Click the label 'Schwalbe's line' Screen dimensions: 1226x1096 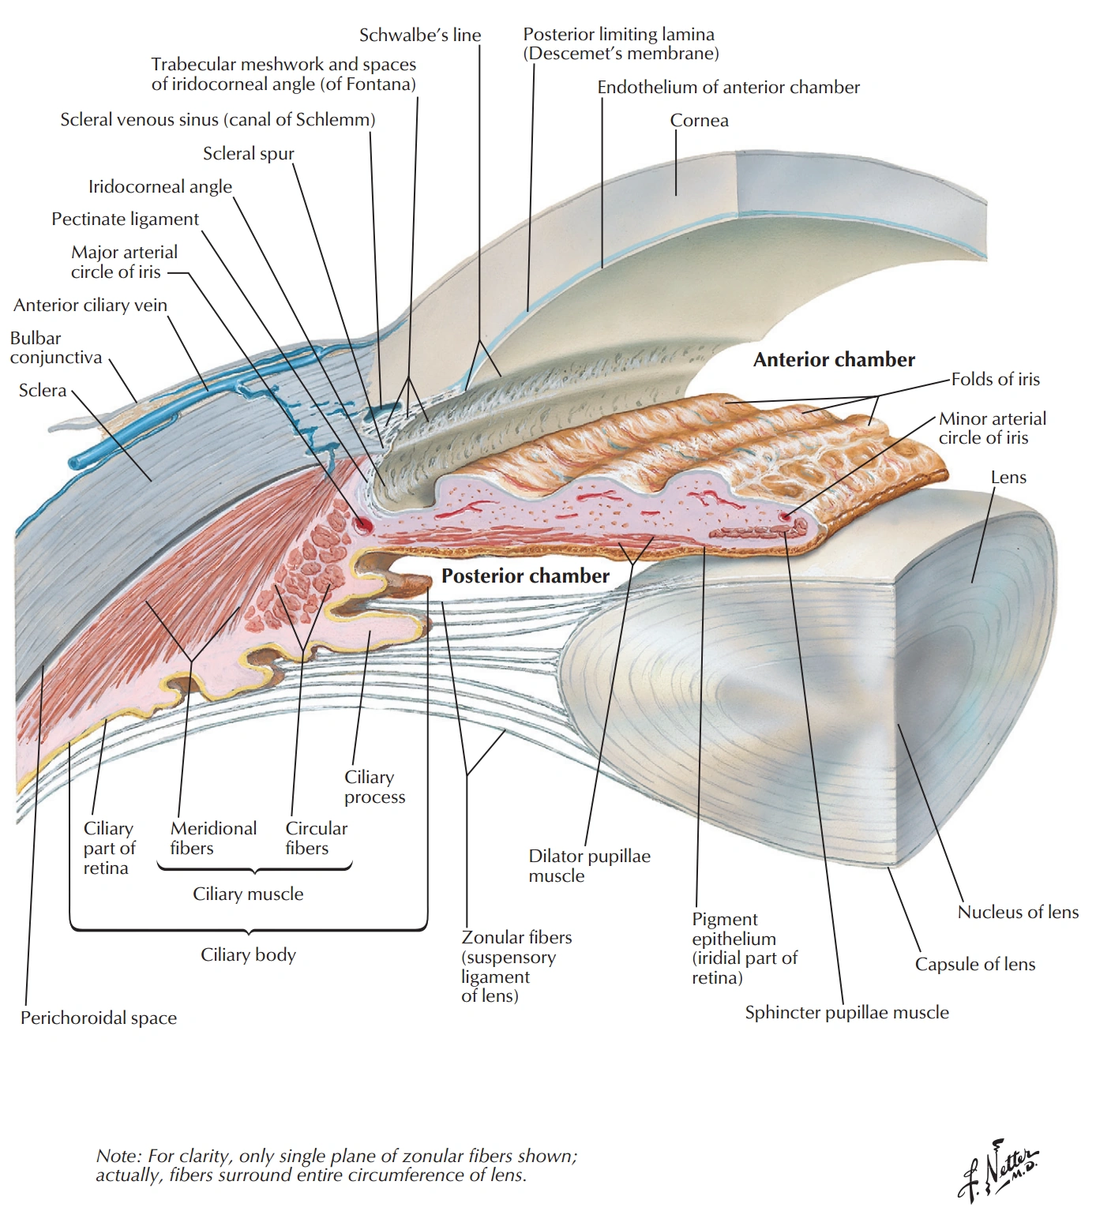coord(419,36)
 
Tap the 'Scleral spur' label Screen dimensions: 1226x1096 coord(248,154)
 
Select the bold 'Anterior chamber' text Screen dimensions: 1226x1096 coord(834,360)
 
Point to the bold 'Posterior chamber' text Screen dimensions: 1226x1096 coord(525,576)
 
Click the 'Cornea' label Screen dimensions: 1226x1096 coord(699,121)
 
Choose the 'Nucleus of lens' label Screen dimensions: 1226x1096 coord(1018,913)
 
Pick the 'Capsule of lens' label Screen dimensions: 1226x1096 coord(974,965)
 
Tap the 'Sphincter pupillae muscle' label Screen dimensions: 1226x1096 coord(846,1013)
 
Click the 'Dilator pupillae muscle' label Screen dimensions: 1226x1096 coord(589,866)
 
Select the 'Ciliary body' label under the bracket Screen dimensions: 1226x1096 coord(248,955)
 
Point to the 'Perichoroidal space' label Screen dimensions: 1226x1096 coord(99,1018)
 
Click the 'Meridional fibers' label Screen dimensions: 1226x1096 coord(213,838)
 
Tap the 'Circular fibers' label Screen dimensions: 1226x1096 coord(316,838)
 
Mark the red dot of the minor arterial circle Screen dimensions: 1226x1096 coord(784,516)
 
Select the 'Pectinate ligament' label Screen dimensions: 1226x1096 coord(125,219)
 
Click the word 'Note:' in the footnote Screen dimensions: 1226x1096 coord(118,1157)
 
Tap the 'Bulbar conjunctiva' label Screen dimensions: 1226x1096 coord(55,348)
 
